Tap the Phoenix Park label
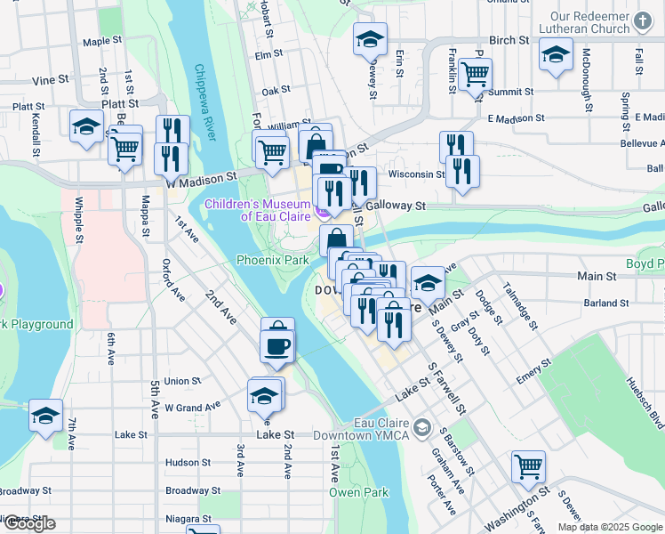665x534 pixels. point(272,260)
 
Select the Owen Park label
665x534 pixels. point(359,492)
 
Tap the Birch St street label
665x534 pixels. point(509,40)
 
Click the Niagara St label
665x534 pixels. point(188,518)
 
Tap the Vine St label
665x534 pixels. point(51,80)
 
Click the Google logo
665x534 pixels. point(28,523)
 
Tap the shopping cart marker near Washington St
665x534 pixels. point(528,465)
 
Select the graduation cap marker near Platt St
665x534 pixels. point(86,126)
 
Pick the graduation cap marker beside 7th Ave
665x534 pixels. point(46,414)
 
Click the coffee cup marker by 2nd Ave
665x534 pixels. point(277,344)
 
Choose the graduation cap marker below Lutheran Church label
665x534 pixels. point(556,55)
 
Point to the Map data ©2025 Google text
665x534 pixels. point(609,527)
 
